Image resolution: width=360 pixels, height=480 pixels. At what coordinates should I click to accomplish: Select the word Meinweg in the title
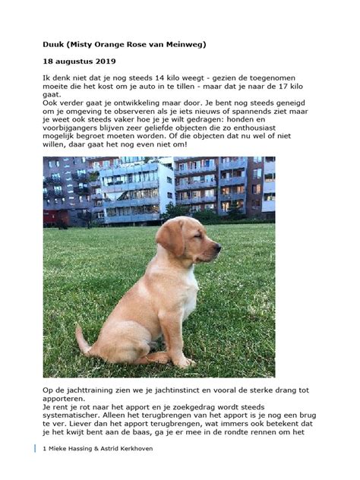(x=182, y=45)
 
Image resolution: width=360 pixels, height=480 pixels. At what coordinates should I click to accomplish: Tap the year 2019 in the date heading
(x=104, y=60)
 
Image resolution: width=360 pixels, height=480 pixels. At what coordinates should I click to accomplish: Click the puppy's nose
(x=220, y=246)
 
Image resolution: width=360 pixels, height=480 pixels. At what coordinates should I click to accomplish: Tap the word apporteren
(x=68, y=398)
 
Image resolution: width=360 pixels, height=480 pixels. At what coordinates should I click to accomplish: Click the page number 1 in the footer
(x=45, y=449)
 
